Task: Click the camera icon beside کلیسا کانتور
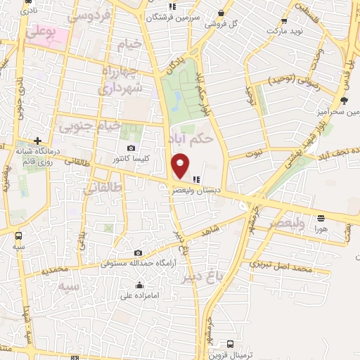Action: tap(131, 148)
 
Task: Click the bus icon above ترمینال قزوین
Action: tap(231, 344)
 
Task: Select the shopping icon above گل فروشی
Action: tap(221, 13)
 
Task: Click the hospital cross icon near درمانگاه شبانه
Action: tap(37, 141)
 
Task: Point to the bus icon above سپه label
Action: tap(18, 236)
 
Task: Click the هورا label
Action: tap(321, 229)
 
